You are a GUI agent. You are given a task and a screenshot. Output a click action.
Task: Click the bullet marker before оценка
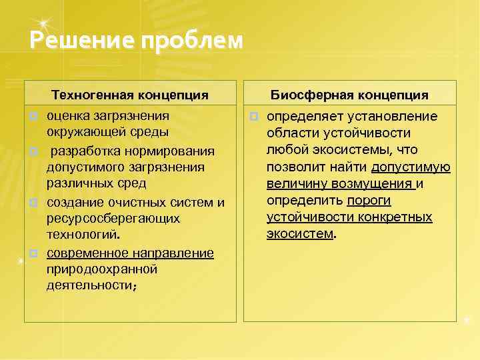tap(32, 117)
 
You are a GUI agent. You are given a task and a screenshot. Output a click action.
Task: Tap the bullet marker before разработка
tap(32, 151)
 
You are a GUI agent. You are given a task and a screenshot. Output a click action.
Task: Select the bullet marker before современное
tap(32, 253)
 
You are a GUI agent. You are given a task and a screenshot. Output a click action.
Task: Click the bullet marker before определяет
tap(253, 117)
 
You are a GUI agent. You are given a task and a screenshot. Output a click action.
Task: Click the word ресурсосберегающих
tap(113, 219)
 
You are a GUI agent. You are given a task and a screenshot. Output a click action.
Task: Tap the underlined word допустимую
tap(411, 167)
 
